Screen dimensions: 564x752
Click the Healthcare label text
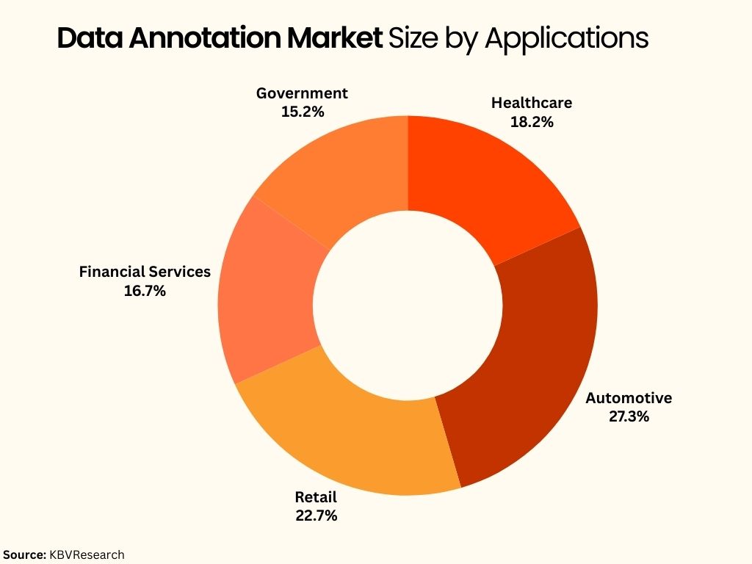[x=532, y=103]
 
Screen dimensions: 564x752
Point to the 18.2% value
[x=532, y=122]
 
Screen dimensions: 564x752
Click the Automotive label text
[x=628, y=398]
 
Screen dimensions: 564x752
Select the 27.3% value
[x=628, y=417]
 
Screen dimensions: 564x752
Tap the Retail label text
[x=316, y=497]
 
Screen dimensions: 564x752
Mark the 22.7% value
[x=316, y=516]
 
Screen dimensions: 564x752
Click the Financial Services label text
[x=145, y=272]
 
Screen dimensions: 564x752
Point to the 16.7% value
[x=145, y=291]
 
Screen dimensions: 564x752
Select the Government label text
[x=302, y=93]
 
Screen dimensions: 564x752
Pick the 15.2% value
[x=302, y=112]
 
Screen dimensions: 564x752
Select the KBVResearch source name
[x=87, y=554]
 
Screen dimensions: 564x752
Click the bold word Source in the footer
[x=25, y=554]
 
